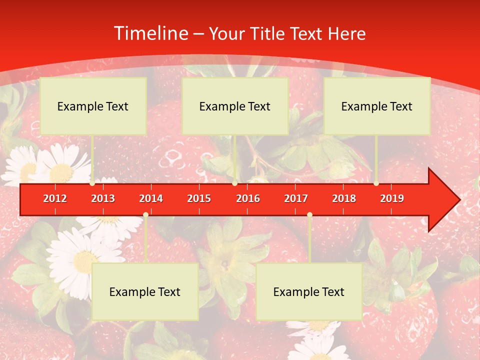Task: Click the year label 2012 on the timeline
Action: pyautogui.click(x=55, y=198)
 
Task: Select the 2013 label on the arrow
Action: pyautogui.click(x=103, y=198)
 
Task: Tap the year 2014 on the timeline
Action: pyautogui.click(x=151, y=198)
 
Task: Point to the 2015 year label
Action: pyautogui.click(x=199, y=198)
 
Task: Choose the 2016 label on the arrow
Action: pyautogui.click(x=248, y=198)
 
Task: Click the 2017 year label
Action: pyautogui.click(x=296, y=198)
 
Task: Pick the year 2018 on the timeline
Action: pyautogui.click(x=344, y=198)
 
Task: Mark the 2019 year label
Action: pyautogui.click(x=392, y=198)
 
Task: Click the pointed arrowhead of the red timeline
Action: pyautogui.click(x=445, y=199)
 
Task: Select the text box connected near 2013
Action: pyautogui.click(x=93, y=106)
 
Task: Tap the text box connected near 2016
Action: pyautogui.click(x=235, y=106)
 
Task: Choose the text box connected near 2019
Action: pyautogui.click(x=377, y=106)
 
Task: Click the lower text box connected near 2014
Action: pyautogui.click(x=145, y=291)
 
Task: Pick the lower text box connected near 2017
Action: pyautogui.click(x=309, y=291)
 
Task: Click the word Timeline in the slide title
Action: pyautogui.click(x=150, y=33)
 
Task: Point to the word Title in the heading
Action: pyautogui.click(x=266, y=33)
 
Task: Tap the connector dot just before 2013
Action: pyautogui.click(x=92, y=183)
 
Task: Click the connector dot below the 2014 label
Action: pyautogui.click(x=145, y=214)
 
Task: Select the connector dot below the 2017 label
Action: pyautogui.click(x=309, y=214)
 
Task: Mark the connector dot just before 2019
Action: pyautogui.click(x=376, y=183)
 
